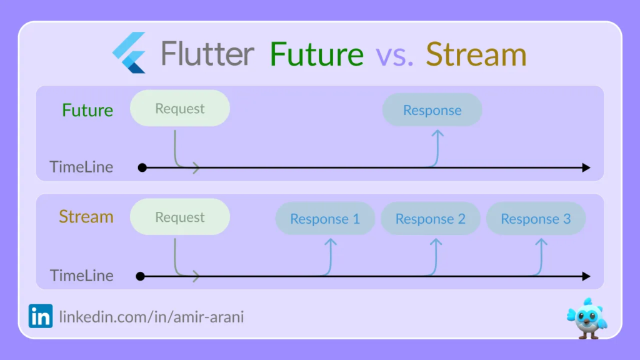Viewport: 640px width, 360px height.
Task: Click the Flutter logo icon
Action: pos(129,52)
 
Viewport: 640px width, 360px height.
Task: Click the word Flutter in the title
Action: pos(207,54)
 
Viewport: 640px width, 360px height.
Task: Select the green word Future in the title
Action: pos(317,54)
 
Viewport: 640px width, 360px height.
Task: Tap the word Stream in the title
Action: pos(476,54)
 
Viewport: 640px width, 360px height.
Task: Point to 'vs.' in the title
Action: pos(395,56)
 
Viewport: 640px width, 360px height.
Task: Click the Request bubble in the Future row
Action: pos(180,108)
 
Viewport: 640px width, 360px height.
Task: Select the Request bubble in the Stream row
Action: pos(180,217)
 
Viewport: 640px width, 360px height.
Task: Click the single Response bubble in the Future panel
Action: pos(432,110)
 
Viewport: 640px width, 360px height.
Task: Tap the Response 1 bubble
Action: pos(325,218)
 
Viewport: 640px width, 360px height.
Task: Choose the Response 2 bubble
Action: pos(430,218)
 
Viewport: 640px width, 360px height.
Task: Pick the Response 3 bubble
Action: pos(536,218)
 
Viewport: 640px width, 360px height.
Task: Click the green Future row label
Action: pos(87,110)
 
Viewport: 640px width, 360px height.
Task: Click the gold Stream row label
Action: pos(86,217)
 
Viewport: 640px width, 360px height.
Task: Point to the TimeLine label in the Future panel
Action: pos(81,167)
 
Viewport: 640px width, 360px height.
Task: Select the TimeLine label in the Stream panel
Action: pos(82,276)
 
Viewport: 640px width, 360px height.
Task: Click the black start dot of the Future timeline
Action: pos(142,167)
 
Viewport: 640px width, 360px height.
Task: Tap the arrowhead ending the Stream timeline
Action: pos(586,276)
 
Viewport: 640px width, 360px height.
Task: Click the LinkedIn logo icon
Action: pos(41,316)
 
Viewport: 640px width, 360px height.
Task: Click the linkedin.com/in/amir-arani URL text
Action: pos(151,317)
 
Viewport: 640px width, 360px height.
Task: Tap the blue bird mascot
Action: pos(587,319)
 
